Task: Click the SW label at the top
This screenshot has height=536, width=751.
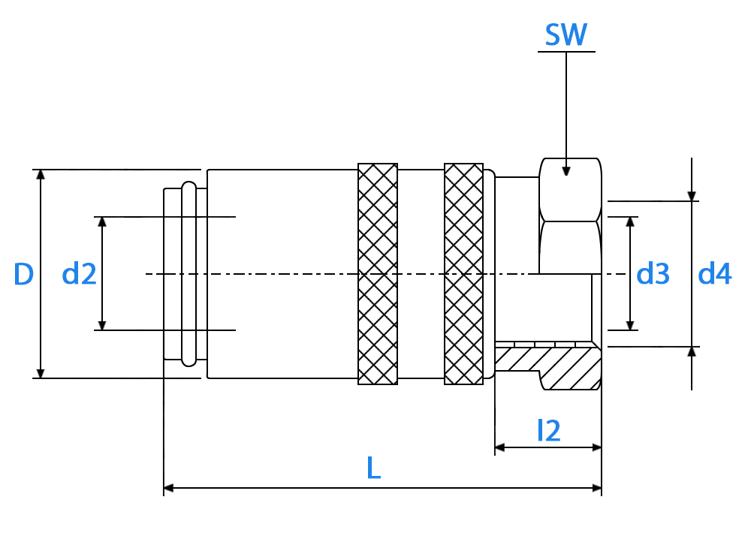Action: pyautogui.click(x=566, y=35)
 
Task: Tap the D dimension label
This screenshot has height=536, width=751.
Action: pyautogui.click(x=23, y=274)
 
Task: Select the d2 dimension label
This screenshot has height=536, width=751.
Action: pyautogui.click(x=79, y=274)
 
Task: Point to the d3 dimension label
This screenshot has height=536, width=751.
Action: pyautogui.click(x=653, y=274)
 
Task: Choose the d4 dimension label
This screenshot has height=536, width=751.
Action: pyautogui.click(x=715, y=274)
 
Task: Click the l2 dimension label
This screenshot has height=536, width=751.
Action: pyautogui.click(x=549, y=430)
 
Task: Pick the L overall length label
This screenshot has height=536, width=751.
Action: pyautogui.click(x=373, y=468)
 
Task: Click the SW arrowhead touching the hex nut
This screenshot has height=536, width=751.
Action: pyautogui.click(x=566, y=171)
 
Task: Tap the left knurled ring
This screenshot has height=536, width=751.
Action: pyautogui.click(x=378, y=274)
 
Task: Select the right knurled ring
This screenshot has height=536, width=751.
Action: pyautogui.click(x=463, y=274)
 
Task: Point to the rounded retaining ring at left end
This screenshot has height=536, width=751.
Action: pyautogui.click(x=189, y=274)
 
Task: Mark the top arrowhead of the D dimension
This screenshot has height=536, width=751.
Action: pyautogui.click(x=41, y=175)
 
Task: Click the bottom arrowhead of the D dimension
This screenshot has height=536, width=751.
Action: pyautogui.click(x=41, y=373)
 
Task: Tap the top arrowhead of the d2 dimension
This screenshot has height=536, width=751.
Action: pyautogui.click(x=102, y=222)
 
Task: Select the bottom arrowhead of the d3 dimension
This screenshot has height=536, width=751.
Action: pyautogui.click(x=630, y=325)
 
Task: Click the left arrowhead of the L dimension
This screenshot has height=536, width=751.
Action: pyautogui.click(x=168, y=488)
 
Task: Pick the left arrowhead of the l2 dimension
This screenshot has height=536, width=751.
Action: pyautogui.click(x=500, y=447)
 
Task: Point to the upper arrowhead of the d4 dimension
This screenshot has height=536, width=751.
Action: pyautogui.click(x=692, y=196)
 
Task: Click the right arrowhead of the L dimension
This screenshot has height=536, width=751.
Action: pyautogui.click(x=596, y=488)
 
